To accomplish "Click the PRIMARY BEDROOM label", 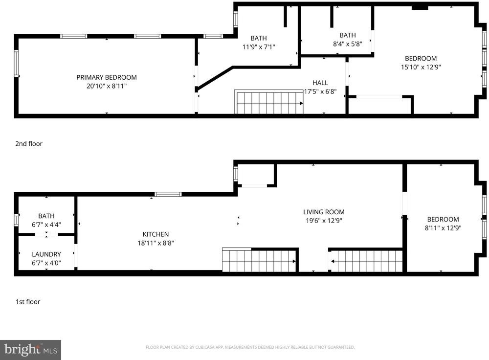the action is tap(107, 77).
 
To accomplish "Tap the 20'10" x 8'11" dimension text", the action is tap(107, 86).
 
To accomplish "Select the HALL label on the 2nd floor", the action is tap(320, 83).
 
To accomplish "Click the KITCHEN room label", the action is tap(156, 234).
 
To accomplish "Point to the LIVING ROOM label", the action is tap(324, 212).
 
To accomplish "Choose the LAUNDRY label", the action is tap(46, 254).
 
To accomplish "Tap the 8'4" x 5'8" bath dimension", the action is tap(347, 44).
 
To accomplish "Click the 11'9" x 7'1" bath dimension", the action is tap(259, 47).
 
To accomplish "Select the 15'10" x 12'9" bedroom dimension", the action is tap(421, 67).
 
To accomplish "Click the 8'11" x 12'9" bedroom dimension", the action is tap(443, 228).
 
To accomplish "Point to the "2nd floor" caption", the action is tap(29, 144).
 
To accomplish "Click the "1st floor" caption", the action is tap(28, 302).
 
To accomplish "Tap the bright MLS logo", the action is tap(30, 350).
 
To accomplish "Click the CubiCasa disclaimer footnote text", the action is tap(250, 347).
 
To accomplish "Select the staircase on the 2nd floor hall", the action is tap(269, 102).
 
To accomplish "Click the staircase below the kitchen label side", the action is tap(259, 260).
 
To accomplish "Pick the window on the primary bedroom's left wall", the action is tap(16, 63).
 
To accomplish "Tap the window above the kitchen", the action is tap(168, 194).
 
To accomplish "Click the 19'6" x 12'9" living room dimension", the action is tap(324, 221).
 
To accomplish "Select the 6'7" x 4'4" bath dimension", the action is tap(46, 225).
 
